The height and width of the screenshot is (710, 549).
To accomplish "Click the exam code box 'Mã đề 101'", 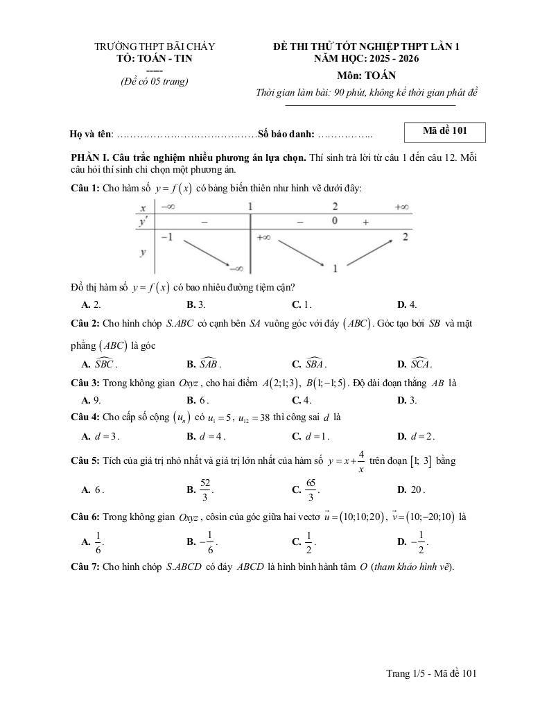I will pos(444,132).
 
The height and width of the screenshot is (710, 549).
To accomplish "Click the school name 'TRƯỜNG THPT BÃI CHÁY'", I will pos(155,46).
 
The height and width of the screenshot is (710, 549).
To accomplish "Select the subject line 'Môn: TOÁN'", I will pos(367,76).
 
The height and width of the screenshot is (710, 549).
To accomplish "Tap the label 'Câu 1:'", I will pos(85,189).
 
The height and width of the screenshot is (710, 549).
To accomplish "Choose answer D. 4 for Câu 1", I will pos(407,304).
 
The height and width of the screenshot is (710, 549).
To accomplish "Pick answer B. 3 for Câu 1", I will pos(196,304).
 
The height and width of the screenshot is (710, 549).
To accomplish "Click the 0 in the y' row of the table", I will pos(335,220).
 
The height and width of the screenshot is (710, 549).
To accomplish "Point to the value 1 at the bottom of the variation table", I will pos(335,268).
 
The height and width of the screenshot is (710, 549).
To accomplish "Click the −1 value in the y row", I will pos(166,237).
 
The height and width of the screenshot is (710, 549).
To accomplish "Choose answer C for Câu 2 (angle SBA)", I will pos(309,364).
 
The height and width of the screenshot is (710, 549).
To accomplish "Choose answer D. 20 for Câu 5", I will pos(411,490).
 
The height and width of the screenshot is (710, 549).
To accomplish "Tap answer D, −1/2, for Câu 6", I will pos(415,542).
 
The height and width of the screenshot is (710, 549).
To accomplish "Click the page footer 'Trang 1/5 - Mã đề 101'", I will pos(431,673).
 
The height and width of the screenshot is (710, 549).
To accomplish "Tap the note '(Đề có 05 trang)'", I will pos(154,81).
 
